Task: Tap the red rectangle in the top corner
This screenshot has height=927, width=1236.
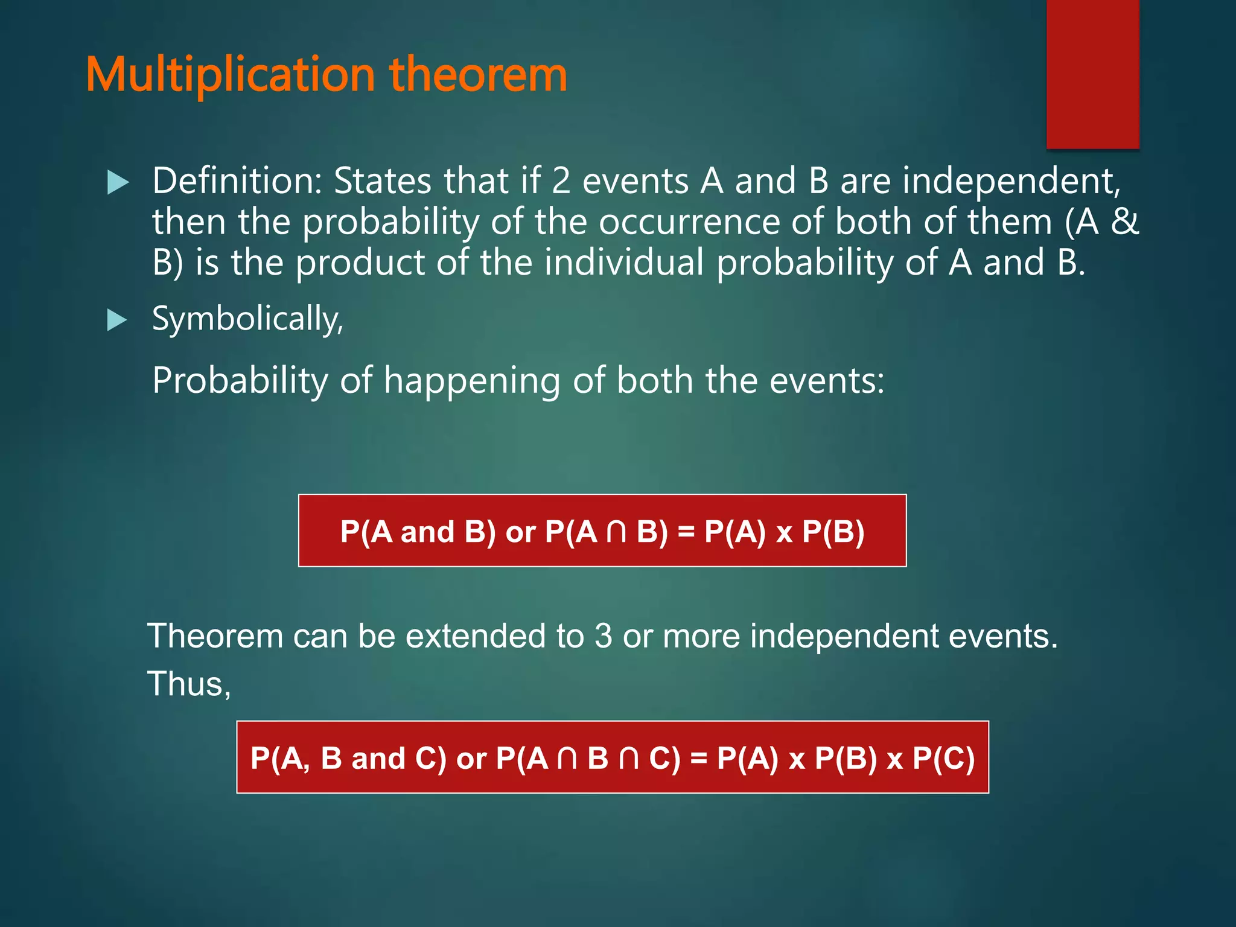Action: (x=1092, y=72)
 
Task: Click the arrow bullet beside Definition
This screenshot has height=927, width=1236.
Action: (x=118, y=182)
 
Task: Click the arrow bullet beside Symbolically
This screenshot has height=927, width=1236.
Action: (x=117, y=320)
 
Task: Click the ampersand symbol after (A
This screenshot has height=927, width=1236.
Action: (x=1124, y=222)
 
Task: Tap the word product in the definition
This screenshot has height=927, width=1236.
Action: (x=360, y=264)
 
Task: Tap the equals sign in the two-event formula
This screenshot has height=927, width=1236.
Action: (x=686, y=532)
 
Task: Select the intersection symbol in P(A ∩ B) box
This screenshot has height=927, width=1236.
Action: (x=616, y=532)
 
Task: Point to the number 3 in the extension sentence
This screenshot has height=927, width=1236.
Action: (x=603, y=636)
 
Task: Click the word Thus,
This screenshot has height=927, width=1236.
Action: (x=189, y=684)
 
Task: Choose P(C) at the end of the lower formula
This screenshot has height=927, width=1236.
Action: (x=943, y=758)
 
